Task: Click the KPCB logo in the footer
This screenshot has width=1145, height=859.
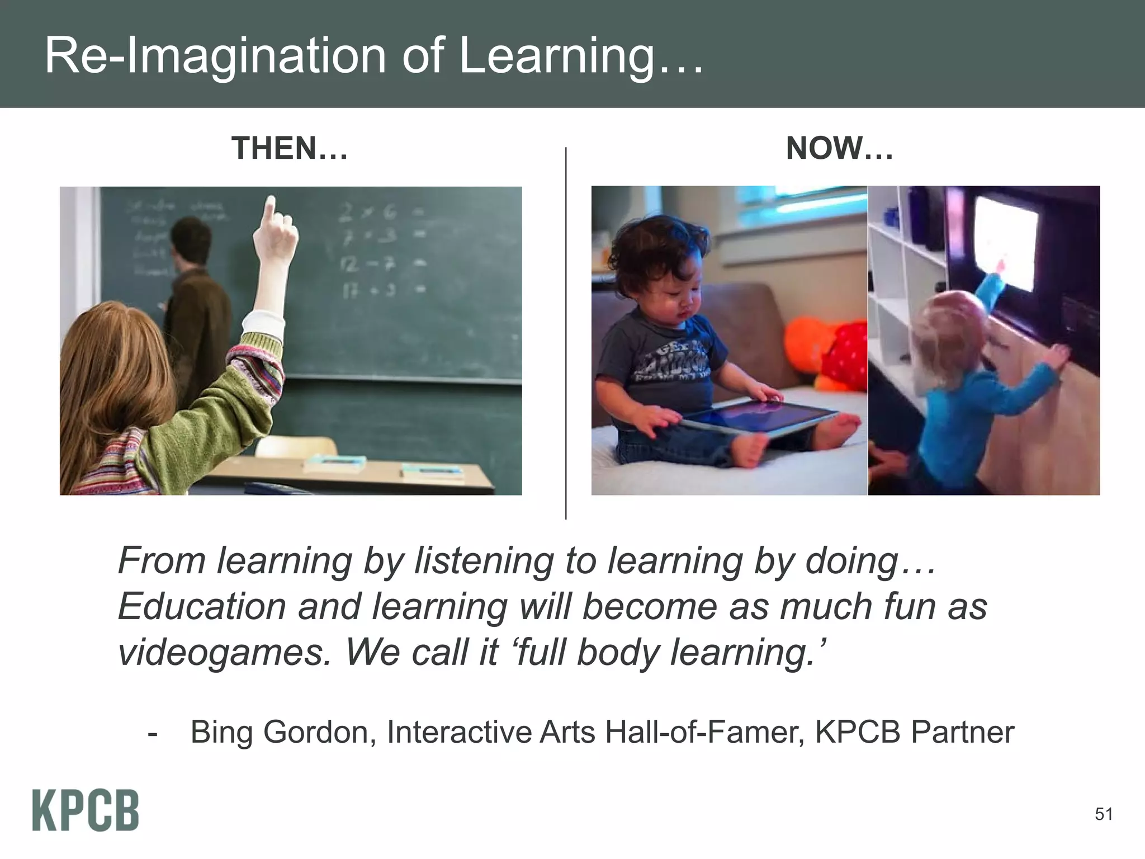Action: (85, 810)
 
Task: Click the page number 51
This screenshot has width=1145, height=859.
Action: (1104, 814)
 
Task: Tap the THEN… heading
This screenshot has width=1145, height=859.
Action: (290, 149)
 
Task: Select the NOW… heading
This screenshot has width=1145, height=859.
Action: (839, 149)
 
